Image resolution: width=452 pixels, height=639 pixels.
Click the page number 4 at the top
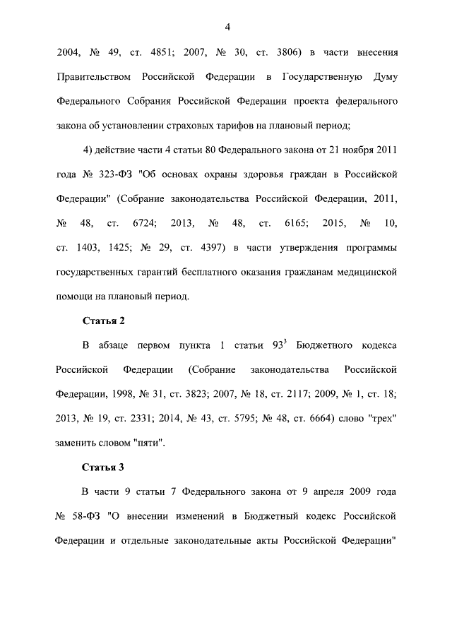coord(227,27)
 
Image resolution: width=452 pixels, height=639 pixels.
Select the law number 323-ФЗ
coord(114,174)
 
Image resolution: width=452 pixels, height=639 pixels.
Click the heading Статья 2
coord(103,321)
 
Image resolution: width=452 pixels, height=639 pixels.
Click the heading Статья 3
coord(103,467)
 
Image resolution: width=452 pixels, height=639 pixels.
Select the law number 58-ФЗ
coord(88,516)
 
